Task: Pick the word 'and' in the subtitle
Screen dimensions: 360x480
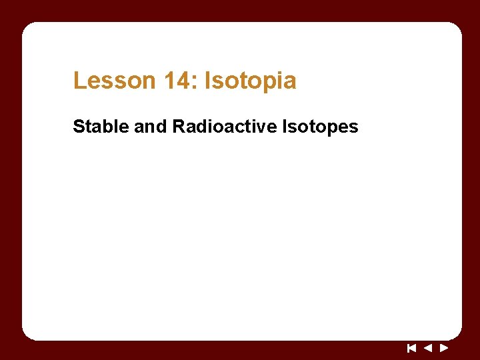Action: click(x=151, y=126)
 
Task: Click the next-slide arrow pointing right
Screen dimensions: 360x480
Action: click(x=444, y=347)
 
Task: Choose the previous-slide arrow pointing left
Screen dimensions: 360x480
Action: click(x=428, y=347)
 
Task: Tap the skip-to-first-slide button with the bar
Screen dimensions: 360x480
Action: click(x=411, y=347)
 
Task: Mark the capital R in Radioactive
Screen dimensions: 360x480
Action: click(x=179, y=126)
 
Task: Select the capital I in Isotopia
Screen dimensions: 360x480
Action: click(x=208, y=81)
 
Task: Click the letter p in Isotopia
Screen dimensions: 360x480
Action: click(x=264, y=83)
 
